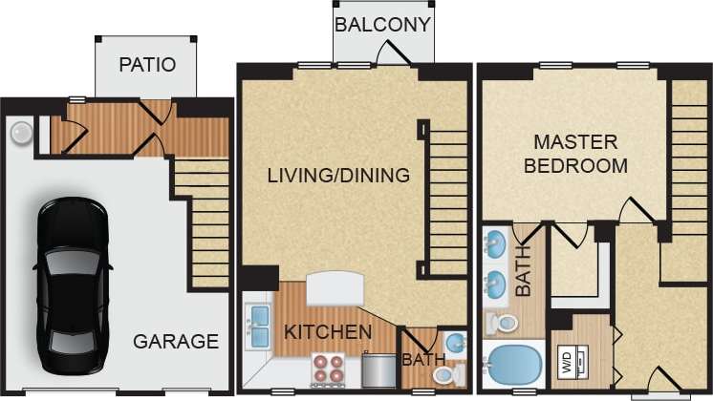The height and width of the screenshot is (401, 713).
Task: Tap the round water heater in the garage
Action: point(20,133)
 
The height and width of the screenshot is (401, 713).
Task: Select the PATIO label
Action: point(147,66)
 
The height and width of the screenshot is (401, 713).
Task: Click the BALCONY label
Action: point(382,24)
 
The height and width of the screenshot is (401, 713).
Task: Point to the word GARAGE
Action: point(175,341)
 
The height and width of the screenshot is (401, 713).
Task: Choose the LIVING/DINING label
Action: point(338,176)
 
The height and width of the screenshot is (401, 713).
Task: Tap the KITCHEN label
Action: point(328,332)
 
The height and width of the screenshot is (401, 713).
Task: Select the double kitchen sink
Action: point(258,327)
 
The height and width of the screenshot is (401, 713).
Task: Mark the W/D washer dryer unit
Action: point(567,362)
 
